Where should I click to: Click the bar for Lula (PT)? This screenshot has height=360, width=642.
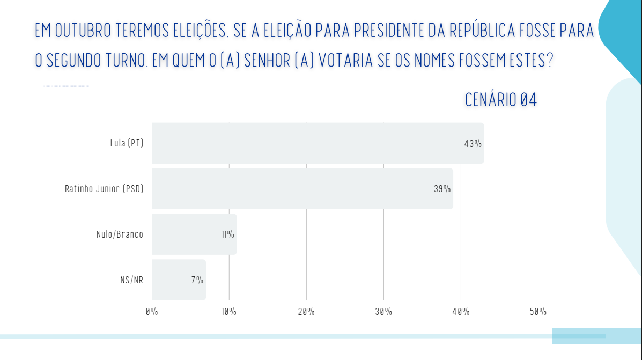318,143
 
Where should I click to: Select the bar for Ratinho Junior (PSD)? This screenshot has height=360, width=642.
302,189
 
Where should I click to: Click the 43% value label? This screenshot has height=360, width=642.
473,144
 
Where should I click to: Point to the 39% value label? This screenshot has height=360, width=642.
442,189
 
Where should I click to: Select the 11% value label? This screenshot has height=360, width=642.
227,234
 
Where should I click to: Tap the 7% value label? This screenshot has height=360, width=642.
197,280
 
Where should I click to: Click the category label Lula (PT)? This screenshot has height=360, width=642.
127,143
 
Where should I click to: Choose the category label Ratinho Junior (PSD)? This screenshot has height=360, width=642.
104,189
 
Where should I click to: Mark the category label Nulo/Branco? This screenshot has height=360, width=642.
120,234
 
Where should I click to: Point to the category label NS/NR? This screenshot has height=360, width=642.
131,280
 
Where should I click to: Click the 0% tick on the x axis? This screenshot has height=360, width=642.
152,312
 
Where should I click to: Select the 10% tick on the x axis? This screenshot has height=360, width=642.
229,312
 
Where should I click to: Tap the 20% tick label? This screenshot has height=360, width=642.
306,312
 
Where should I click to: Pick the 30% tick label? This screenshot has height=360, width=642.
383,312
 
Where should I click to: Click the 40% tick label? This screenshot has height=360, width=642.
461,312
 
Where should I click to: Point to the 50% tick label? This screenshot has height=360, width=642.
538,312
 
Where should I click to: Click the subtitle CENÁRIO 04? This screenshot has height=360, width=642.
501,100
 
